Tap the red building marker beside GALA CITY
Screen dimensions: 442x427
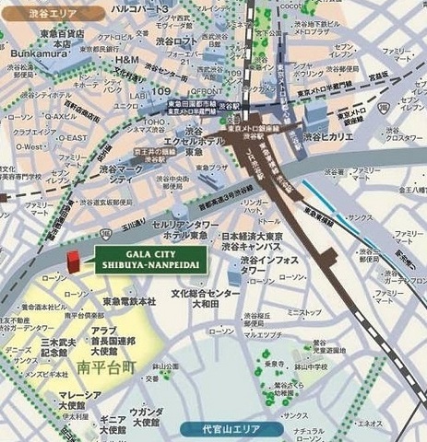[x=78, y=261]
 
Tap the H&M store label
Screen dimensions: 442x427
[x=126, y=61]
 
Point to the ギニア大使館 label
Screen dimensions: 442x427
[x=101, y=424]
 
